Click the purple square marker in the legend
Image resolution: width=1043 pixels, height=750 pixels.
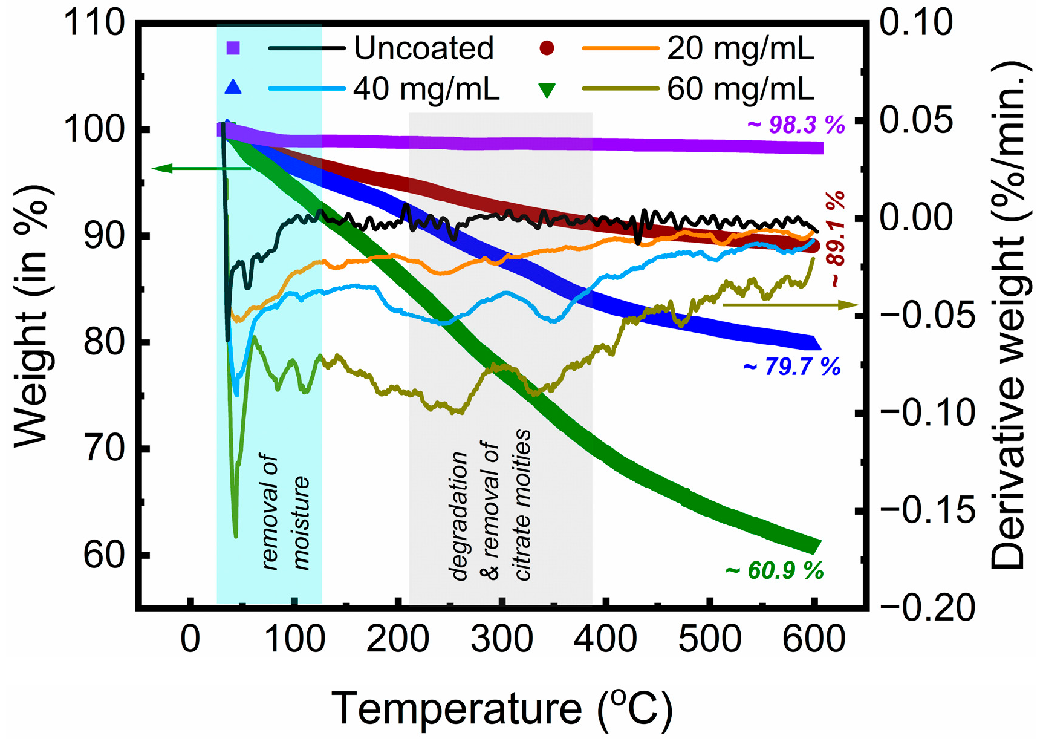click(233, 48)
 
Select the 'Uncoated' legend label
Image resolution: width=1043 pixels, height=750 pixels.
click(423, 48)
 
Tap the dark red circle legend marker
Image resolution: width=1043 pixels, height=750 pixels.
click(547, 48)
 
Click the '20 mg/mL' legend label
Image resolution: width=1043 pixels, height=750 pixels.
click(741, 48)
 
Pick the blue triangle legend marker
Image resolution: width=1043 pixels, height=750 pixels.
click(233, 88)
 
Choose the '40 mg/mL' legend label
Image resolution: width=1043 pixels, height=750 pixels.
click(426, 89)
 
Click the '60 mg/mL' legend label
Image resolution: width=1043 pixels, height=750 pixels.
click(741, 89)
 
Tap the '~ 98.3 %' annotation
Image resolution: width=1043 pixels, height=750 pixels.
click(796, 125)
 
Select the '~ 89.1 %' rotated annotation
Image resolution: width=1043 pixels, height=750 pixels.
click(836, 239)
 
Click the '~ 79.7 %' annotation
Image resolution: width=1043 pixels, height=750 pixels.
click(791, 367)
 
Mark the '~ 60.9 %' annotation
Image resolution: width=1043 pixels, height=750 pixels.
click(775, 570)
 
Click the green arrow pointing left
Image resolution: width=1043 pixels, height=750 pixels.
click(200, 168)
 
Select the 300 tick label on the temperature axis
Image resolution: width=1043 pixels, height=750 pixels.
click(502, 639)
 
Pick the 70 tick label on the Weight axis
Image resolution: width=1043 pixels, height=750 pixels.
click(103, 449)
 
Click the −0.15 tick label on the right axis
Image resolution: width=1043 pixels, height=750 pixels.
click(928, 511)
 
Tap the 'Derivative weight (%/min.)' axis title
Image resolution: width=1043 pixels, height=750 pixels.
click(1009, 315)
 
